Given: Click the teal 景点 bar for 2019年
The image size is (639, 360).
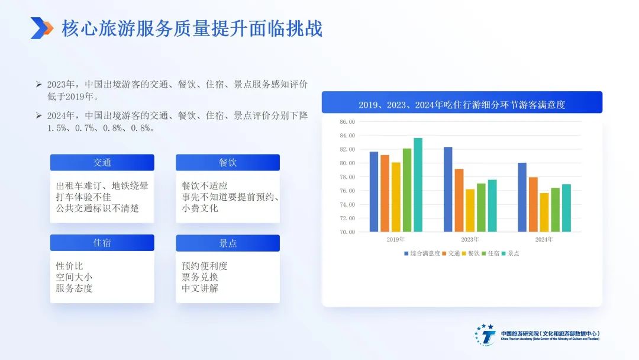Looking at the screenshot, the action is click(x=418, y=185).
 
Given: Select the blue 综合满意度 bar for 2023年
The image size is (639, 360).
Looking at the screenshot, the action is click(x=448, y=189).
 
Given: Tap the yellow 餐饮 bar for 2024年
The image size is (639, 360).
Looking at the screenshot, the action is click(x=544, y=213).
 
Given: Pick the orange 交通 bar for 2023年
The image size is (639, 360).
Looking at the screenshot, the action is click(x=459, y=200).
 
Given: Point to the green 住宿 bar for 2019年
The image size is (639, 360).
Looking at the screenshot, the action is click(x=407, y=190).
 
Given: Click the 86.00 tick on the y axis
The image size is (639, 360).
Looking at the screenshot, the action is click(x=347, y=121).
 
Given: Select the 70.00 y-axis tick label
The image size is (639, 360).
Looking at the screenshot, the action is click(x=347, y=232).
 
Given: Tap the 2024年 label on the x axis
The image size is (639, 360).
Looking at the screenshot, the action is click(x=544, y=239).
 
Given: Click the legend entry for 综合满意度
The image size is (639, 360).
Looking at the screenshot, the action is click(x=422, y=253).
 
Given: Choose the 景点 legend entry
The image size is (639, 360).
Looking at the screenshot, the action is click(x=510, y=253).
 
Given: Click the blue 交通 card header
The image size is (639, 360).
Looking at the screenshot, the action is click(x=102, y=162).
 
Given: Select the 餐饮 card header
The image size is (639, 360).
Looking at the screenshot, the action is click(x=228, y=162).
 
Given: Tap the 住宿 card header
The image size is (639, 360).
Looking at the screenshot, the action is click(x=102, y=243).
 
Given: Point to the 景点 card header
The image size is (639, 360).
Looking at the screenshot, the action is click(x=228, y=243).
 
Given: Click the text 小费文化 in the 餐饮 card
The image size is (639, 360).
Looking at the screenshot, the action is click(x=200, y=208).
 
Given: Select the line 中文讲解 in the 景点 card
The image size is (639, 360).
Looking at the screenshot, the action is click(x=200, y=288).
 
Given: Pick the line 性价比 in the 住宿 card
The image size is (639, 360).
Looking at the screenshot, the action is click(x=69, y=266).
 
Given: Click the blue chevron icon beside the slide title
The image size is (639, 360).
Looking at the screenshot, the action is click(x=42, y=28).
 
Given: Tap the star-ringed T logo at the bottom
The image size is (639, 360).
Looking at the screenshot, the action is click(x=485, y=335).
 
